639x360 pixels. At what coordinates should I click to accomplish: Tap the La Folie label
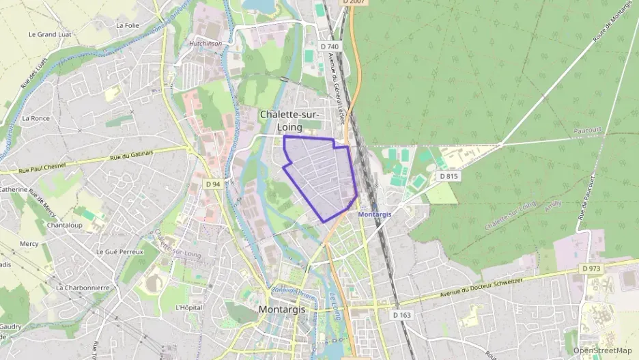(x=128, y=25)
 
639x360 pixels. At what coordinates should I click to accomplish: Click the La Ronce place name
(x=35, y=118)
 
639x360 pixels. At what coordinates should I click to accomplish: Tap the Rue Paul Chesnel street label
(x=46, y=167)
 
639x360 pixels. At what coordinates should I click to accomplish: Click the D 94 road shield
(x=213, y=184)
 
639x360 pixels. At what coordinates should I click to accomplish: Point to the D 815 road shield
(x=449, y=176)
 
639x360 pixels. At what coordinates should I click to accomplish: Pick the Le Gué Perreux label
(x=119, y=251)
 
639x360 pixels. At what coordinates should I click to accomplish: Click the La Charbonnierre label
(x=83, y=288)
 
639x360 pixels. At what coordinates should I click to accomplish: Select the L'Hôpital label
(x=190, y=307)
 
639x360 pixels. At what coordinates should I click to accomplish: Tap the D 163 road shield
(x=403, y=315)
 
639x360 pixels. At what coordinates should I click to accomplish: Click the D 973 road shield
(x=591, y=268)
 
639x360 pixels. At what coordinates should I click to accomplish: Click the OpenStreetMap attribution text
(x=602, y=350)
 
